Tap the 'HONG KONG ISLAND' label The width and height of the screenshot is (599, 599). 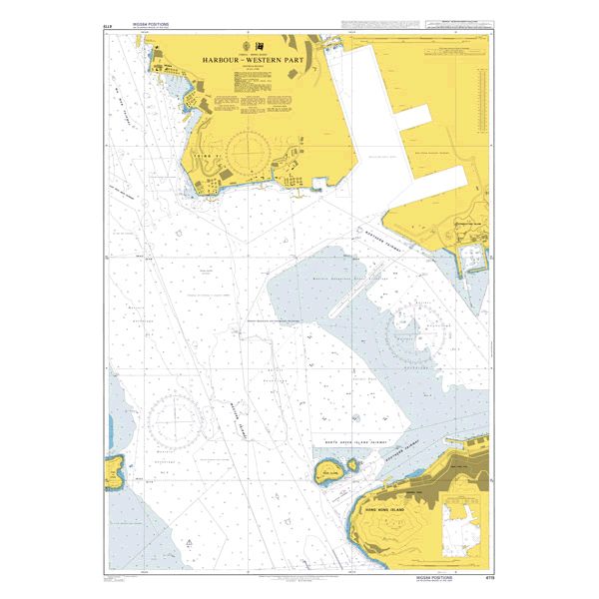(379, 507)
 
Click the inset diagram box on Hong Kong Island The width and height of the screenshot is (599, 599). (465, 524)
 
